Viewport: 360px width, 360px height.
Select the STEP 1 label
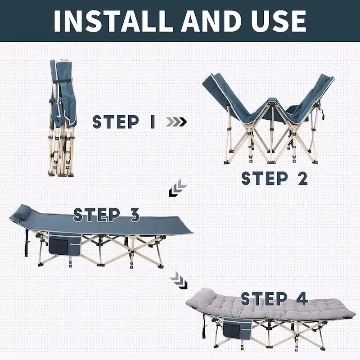[124, 122]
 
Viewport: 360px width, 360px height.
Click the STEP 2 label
[274, 178]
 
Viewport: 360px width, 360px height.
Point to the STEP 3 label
[107, 215]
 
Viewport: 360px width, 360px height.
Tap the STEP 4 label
[274, 298]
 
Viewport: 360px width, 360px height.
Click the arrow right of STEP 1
[176, 122]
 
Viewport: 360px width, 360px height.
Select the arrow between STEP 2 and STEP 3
[178, 188]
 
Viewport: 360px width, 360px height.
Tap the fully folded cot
[62, 117]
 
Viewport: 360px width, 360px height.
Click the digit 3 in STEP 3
[134, 215]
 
